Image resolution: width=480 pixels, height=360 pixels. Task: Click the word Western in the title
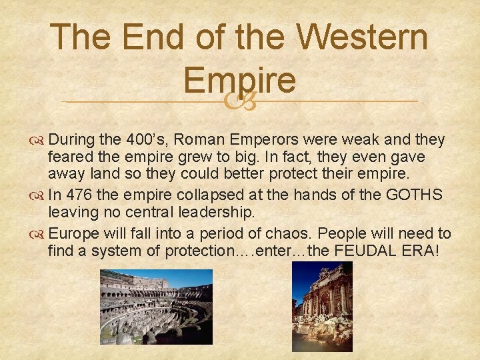[363, 38]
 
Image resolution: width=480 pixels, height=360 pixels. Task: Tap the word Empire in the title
[240, 80]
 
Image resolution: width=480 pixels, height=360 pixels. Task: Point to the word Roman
[201, 140]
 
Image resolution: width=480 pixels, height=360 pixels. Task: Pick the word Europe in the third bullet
[73, 234]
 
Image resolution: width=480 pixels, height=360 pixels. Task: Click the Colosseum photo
[156, 307]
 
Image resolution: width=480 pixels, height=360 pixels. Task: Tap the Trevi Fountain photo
[322, 307]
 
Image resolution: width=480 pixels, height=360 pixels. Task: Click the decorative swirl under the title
[240, 102]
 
